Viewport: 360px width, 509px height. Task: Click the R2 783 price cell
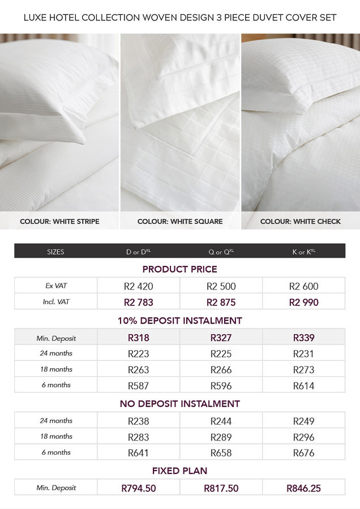point(138,302)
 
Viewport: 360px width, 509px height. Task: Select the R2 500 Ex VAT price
point(221,286)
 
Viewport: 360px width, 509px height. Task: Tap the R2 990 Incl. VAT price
point(303,302)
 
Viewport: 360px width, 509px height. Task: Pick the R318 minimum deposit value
point(138,338)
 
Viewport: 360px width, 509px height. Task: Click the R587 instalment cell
point(138,386)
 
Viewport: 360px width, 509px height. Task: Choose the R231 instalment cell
point(303,354)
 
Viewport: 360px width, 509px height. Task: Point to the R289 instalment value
point(221,437)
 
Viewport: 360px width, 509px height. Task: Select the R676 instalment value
point(303,452)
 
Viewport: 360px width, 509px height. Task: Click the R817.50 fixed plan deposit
point(221,488)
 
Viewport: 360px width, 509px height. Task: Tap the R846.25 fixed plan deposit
point(303,488)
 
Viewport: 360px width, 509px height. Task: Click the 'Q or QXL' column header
point(221,252)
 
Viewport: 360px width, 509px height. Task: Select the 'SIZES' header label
point(55,252)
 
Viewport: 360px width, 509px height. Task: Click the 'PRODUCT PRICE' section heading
point(179,269)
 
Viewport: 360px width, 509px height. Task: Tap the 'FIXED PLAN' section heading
point(179,471)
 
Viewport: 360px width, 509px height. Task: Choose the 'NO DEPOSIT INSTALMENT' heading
point(179,404)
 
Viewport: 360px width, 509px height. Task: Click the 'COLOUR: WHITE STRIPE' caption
point(59,221)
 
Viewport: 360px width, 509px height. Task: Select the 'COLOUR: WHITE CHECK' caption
point(301,221)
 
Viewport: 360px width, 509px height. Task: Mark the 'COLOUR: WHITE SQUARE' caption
point(180,221)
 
